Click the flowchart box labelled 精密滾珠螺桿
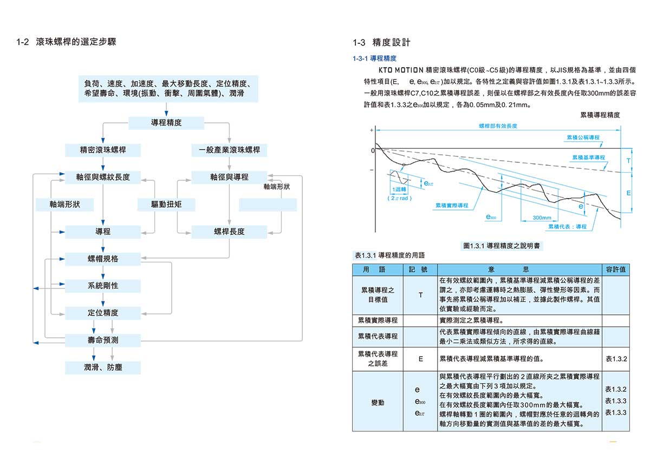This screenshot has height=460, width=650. coord(103,150)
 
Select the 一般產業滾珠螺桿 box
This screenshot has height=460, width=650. coord(229,150)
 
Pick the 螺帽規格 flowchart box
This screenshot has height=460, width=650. coord(103,259)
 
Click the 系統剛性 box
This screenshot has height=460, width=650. coord(103,286)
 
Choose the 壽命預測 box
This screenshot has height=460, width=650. coord(103,340)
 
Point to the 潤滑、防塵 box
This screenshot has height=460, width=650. coord(103,367)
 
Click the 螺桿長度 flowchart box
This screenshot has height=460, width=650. coord(229,232)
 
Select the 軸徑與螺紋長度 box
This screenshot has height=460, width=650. coord(103,177)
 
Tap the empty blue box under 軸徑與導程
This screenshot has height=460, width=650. coord(268,205)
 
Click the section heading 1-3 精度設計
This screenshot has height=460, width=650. coord(381,42)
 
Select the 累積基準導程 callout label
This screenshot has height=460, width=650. coord(588,157)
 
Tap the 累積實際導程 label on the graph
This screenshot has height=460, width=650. coord(452,206)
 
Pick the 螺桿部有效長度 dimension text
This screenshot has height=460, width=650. coord(498,126)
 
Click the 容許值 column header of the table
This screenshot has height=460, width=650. coord(616,269)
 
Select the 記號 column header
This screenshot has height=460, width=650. coord(420,269)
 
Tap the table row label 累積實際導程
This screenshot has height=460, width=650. coord(378,320)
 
